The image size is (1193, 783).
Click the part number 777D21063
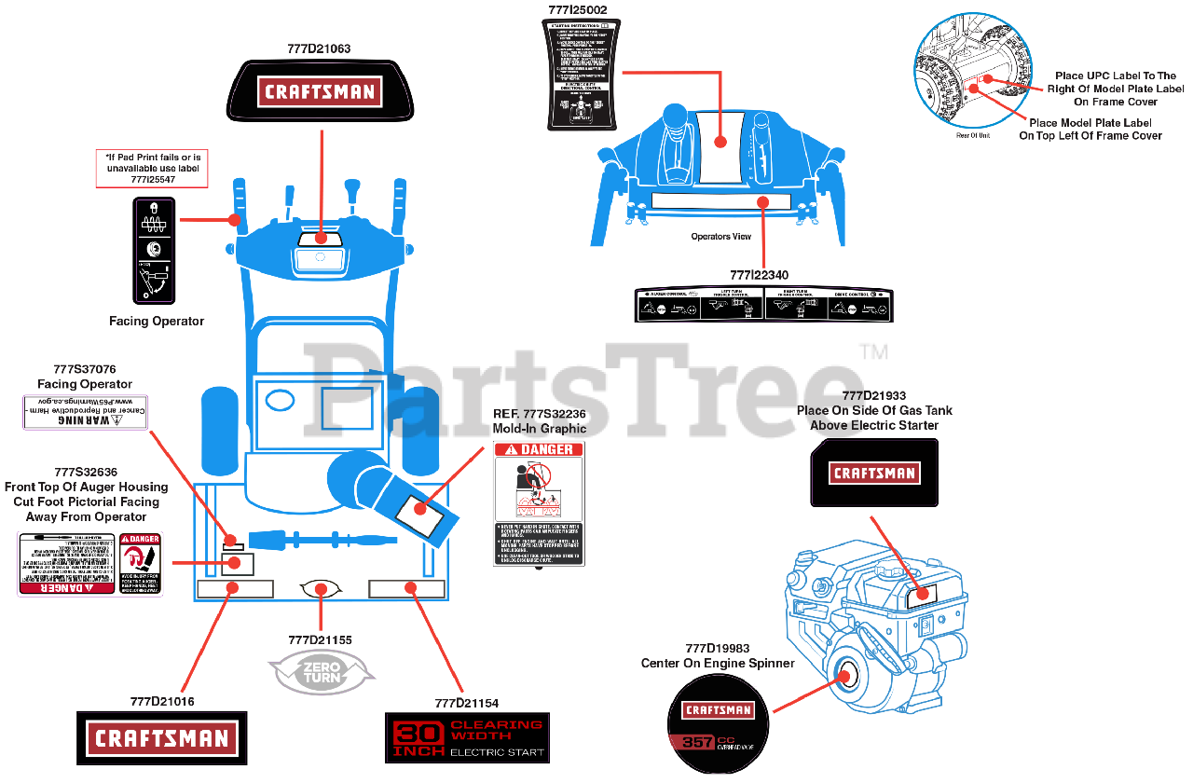[x=319, y=48]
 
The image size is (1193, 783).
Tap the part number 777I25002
[x=577, y=10]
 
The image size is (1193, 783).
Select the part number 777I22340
[x=759, y=275]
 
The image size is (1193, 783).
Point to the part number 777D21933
[x=873, y=395]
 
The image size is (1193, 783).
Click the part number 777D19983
[x=717, y=649]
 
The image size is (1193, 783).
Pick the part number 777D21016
[x=162, y=701]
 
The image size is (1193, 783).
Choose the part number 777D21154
[x=466, y=703]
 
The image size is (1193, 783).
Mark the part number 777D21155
[x=320, y=639]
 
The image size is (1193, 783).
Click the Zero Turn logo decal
[x=321, y=671]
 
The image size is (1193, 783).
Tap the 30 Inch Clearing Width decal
[x=467, y=738]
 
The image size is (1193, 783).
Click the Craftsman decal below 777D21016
[x=161, y=739]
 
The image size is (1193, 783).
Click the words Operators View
[x=720, y=237]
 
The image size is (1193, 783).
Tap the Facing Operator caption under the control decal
[x=157, y=322]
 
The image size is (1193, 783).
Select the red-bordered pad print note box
[x=152, y=168]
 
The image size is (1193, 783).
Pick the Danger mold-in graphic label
[x=539, y=503]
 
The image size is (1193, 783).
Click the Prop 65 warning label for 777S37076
[x=86, y=411]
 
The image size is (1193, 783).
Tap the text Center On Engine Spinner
[x=717, y=664]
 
